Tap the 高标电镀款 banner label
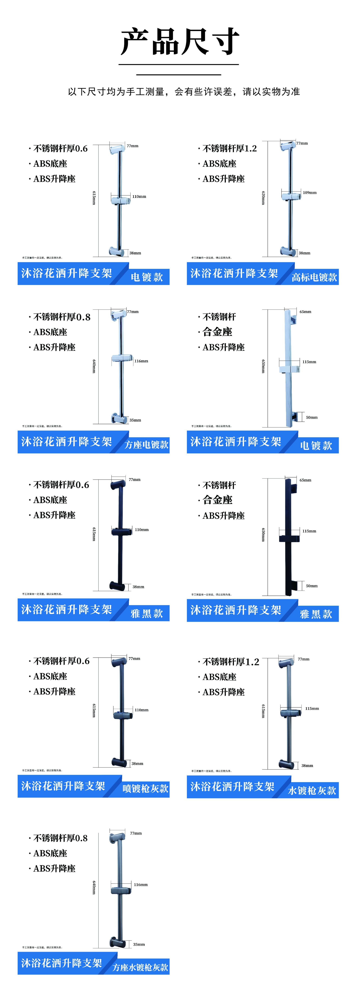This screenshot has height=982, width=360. point(314,277)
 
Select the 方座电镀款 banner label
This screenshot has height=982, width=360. point(147,445)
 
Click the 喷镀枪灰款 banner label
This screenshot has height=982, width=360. point(145,788)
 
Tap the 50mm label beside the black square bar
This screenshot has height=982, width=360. point(312,586)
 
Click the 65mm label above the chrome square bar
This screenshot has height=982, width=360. point(305,312)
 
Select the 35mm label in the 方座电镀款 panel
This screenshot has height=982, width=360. point(135,420)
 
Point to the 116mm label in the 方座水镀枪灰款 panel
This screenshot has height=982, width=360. point(141,884)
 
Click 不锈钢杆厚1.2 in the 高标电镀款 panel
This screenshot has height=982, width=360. point(230,149)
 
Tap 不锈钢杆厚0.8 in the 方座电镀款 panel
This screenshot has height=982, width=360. point(62,317)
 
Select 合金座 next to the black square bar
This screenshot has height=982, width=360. point(217,500)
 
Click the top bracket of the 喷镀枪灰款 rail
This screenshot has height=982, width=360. point(119,662)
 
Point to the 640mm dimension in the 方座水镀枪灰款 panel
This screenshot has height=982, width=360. point(94,887)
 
